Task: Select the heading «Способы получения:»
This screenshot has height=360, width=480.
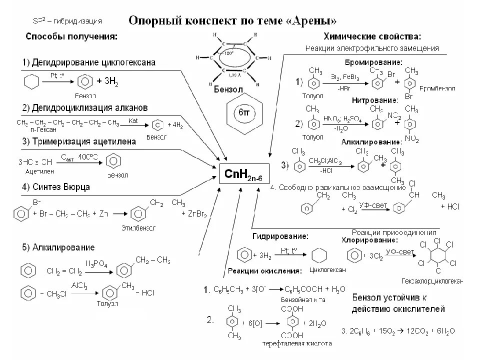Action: pos(72,37)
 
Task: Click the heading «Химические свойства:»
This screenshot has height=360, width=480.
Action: pos(372,37)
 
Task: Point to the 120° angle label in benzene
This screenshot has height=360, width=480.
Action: pos(229,52)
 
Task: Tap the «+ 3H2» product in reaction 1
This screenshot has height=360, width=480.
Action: pos(109,81)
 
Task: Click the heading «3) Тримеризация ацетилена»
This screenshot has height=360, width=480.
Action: pos(78,141)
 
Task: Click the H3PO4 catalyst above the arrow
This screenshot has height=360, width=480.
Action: pos(96,263)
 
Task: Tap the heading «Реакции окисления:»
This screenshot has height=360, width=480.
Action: pos(264,271)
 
